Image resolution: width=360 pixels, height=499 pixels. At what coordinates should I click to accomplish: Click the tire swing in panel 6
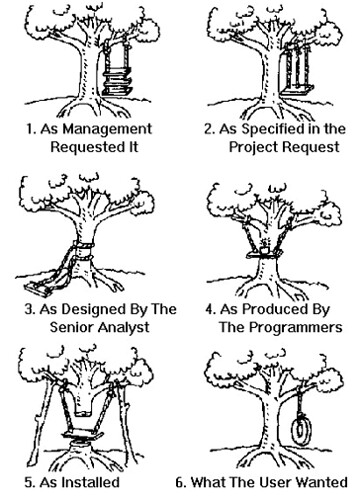[301, 428]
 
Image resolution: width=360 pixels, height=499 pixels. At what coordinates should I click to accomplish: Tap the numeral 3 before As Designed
[29, 309]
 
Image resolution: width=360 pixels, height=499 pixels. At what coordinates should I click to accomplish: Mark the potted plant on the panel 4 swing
[264, 247]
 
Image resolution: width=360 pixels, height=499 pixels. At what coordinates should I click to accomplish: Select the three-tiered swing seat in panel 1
[117, 82]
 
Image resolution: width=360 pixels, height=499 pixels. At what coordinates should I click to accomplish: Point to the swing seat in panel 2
[298, 89]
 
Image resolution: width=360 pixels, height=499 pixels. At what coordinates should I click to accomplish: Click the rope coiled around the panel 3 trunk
[83, 251]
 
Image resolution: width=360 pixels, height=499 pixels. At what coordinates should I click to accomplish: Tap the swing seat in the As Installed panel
[83, 434]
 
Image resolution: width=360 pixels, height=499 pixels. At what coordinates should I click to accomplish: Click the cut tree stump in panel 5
[83, 445]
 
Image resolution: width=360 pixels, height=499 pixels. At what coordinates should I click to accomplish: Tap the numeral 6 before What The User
[180, 482]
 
